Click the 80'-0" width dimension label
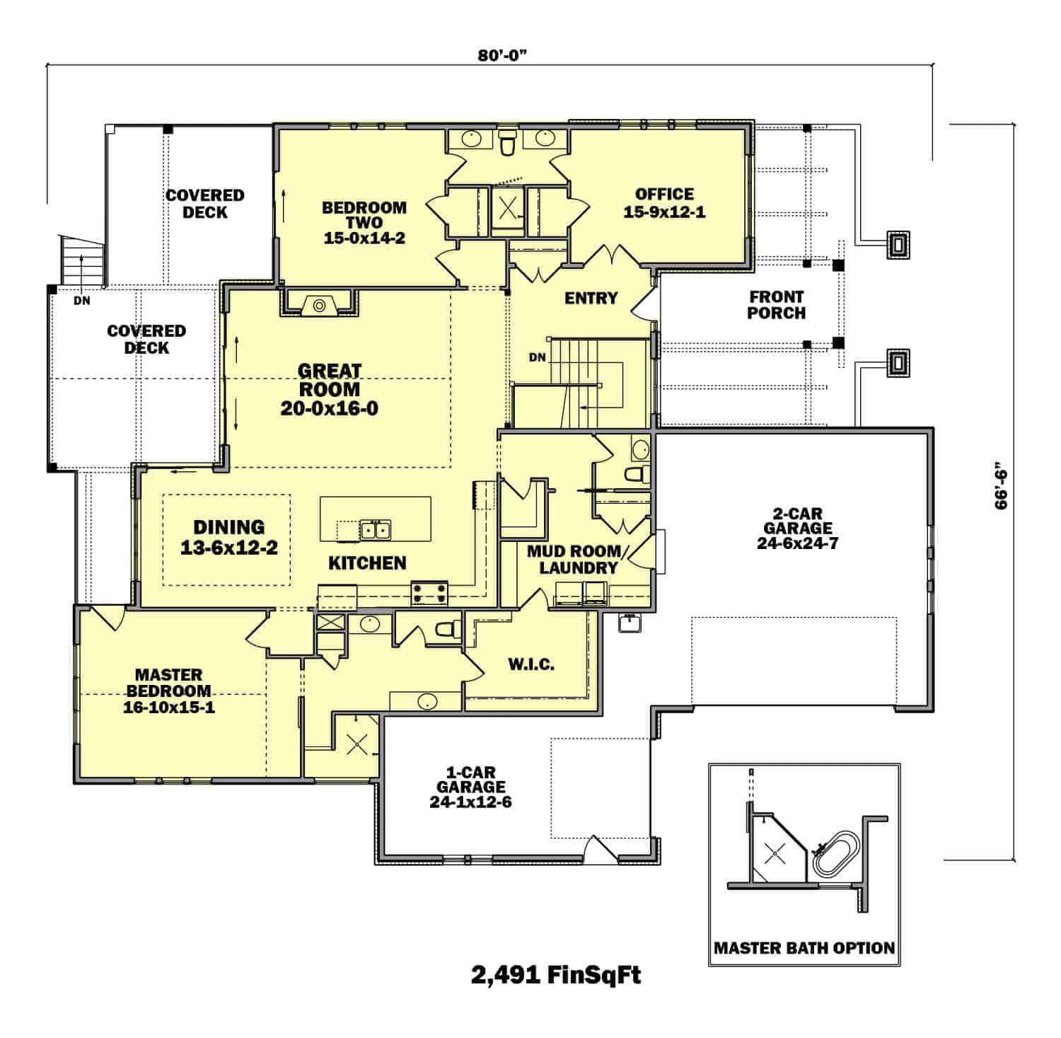[503, 57]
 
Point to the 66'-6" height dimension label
[1001, 487]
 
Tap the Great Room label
[329, 389]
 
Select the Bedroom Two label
[364, 222]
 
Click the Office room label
[664, 202]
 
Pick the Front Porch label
[776, 305]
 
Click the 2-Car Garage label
[797, 528]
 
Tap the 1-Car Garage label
[470, 786]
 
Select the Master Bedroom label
[169, 691]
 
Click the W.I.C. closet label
[531, 664]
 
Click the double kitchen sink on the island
[375, 529]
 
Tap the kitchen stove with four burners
[429, 592]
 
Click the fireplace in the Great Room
[320, 305]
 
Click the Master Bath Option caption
[804, 947]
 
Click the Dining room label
[229, 536]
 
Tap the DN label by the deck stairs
[81, 301]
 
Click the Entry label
[591, 298]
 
